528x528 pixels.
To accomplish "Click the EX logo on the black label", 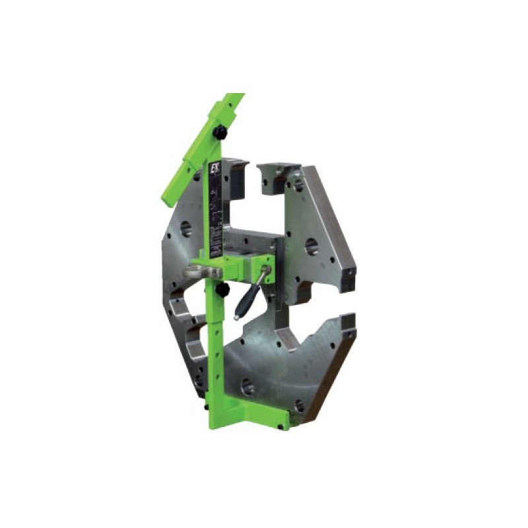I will tap(214, 169).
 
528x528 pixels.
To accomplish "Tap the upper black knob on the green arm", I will tap(220, 134).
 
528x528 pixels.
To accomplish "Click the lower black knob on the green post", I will tap(224, 290).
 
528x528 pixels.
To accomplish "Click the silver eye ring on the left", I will tap(197, 270).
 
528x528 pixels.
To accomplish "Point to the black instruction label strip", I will tap(215, 211).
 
